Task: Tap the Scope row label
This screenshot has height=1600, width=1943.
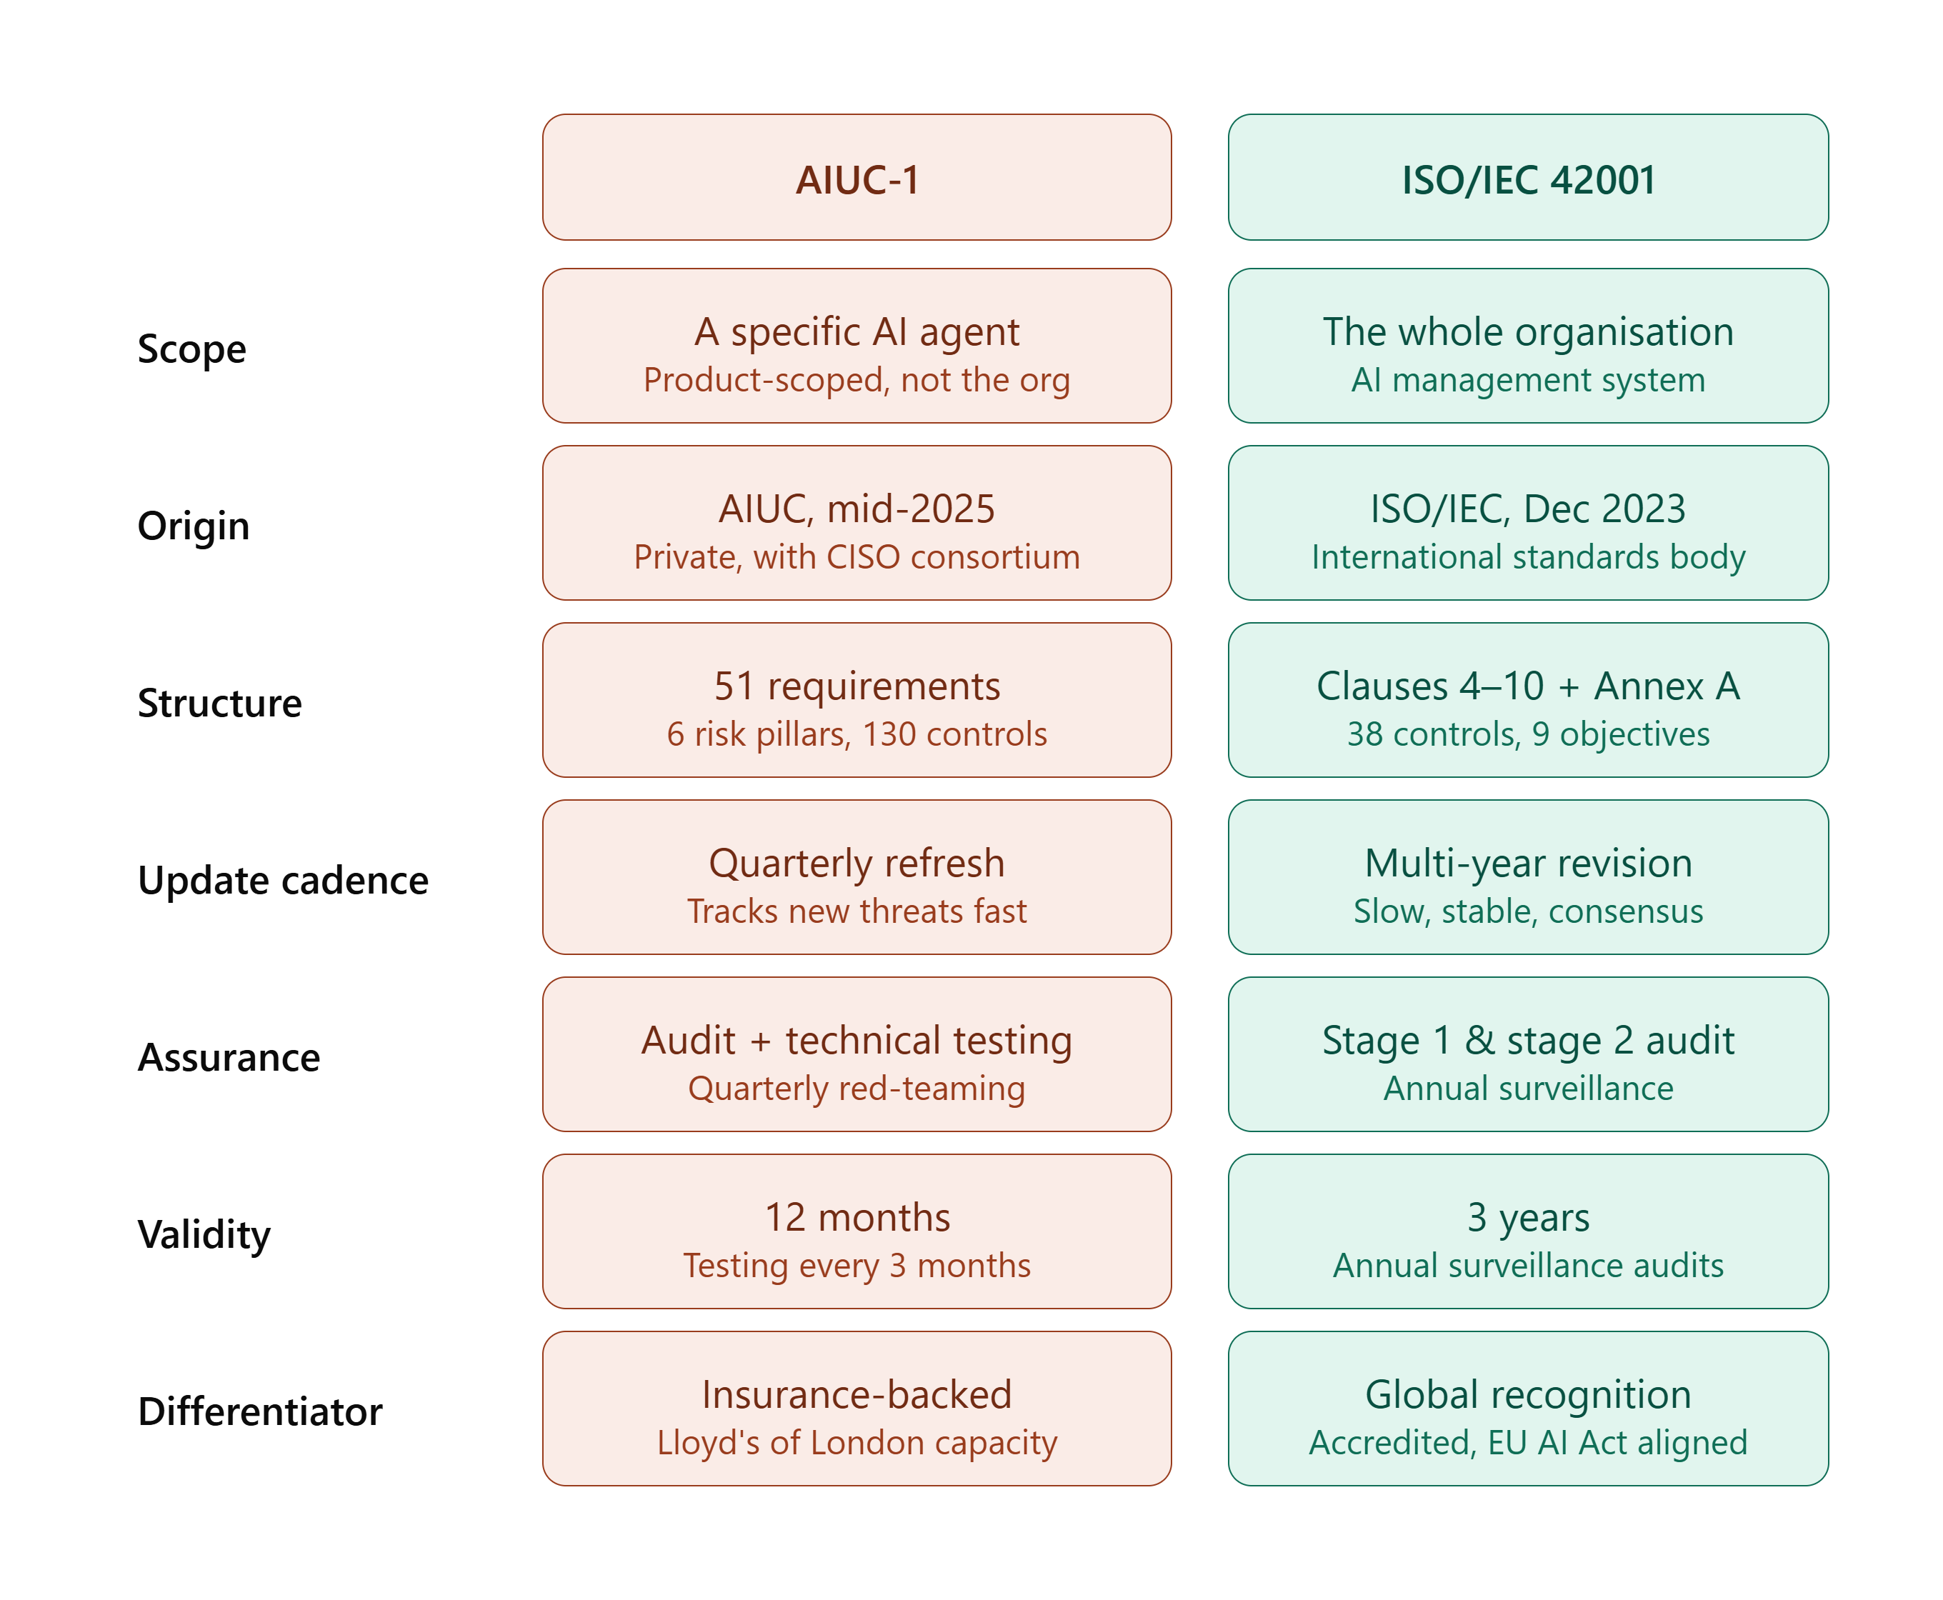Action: [191, 349]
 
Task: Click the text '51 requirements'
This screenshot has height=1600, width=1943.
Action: [856, 686]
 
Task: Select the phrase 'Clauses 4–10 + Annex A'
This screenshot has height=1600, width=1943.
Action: [1527, 686]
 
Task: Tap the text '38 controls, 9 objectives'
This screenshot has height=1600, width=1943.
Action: [1527, 734]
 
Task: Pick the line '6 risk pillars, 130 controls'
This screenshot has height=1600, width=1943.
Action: [856, 734]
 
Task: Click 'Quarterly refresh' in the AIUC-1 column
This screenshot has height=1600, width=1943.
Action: [856, 864]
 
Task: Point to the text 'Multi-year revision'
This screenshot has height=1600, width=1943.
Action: [1527, 864]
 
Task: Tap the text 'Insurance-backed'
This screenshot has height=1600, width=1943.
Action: [856, 1394]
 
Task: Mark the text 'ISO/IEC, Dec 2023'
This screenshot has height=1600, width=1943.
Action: [1527, 509]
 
